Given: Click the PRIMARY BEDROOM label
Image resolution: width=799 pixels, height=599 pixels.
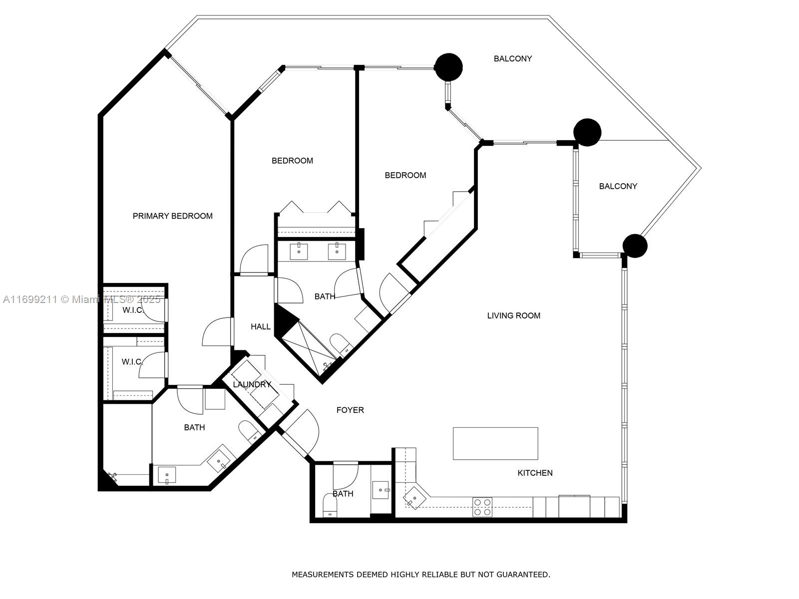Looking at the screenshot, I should coord(172,216).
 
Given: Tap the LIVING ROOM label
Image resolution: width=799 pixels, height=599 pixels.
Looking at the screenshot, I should coord(513,315).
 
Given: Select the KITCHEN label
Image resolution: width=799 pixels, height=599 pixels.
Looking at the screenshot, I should coord(535,473).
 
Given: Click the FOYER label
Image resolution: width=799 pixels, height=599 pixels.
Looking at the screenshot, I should coord(350,410).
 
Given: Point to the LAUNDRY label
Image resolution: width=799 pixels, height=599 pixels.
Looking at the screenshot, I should coord(252,384).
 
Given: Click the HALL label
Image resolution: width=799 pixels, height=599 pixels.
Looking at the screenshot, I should coord(260,326).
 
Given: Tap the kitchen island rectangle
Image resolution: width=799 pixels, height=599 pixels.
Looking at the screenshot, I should coord(495,443).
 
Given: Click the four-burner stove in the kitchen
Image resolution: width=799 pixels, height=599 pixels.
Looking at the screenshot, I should coord(482,507).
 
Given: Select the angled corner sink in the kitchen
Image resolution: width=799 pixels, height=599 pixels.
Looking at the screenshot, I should coord(414,498).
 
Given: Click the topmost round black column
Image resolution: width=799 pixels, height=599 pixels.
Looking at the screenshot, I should coord(448,66).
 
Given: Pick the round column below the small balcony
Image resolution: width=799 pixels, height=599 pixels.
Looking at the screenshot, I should coord(635,246).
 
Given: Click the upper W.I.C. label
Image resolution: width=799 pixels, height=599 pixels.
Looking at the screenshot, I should coord(133,310).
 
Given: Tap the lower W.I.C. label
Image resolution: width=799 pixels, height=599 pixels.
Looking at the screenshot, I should coord(132,361).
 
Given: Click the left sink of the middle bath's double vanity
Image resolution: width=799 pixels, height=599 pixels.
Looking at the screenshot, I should coord(299,251).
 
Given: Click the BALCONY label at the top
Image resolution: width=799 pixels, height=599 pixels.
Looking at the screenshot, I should coord(512,58).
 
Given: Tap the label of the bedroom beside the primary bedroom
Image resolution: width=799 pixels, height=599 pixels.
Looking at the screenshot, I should coord(292,161).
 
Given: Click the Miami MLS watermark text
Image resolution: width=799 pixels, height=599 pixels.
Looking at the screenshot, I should coord(82,299).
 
